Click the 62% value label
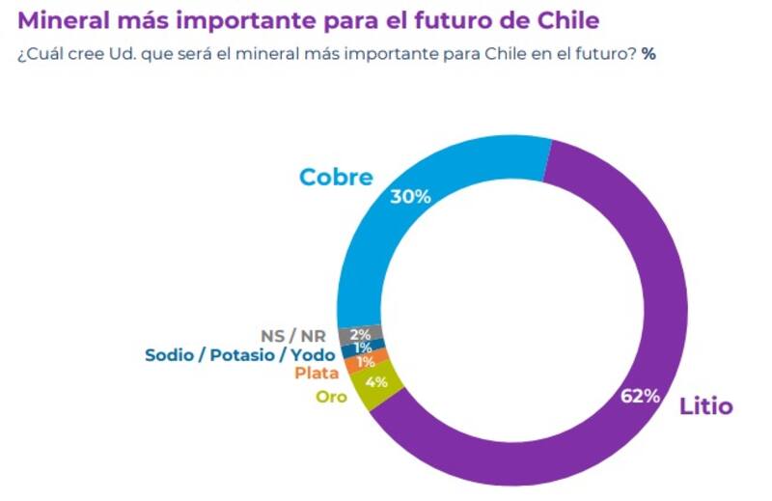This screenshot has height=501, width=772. coord(641,396)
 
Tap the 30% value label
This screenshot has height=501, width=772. coord(409,196)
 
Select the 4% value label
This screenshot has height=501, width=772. coord(376,382)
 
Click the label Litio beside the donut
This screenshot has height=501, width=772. coord(705,406)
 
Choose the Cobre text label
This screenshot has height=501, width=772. coord(336,178)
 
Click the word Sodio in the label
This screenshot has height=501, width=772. coord(170,354)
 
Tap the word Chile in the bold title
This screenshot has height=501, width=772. coord(580,20)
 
